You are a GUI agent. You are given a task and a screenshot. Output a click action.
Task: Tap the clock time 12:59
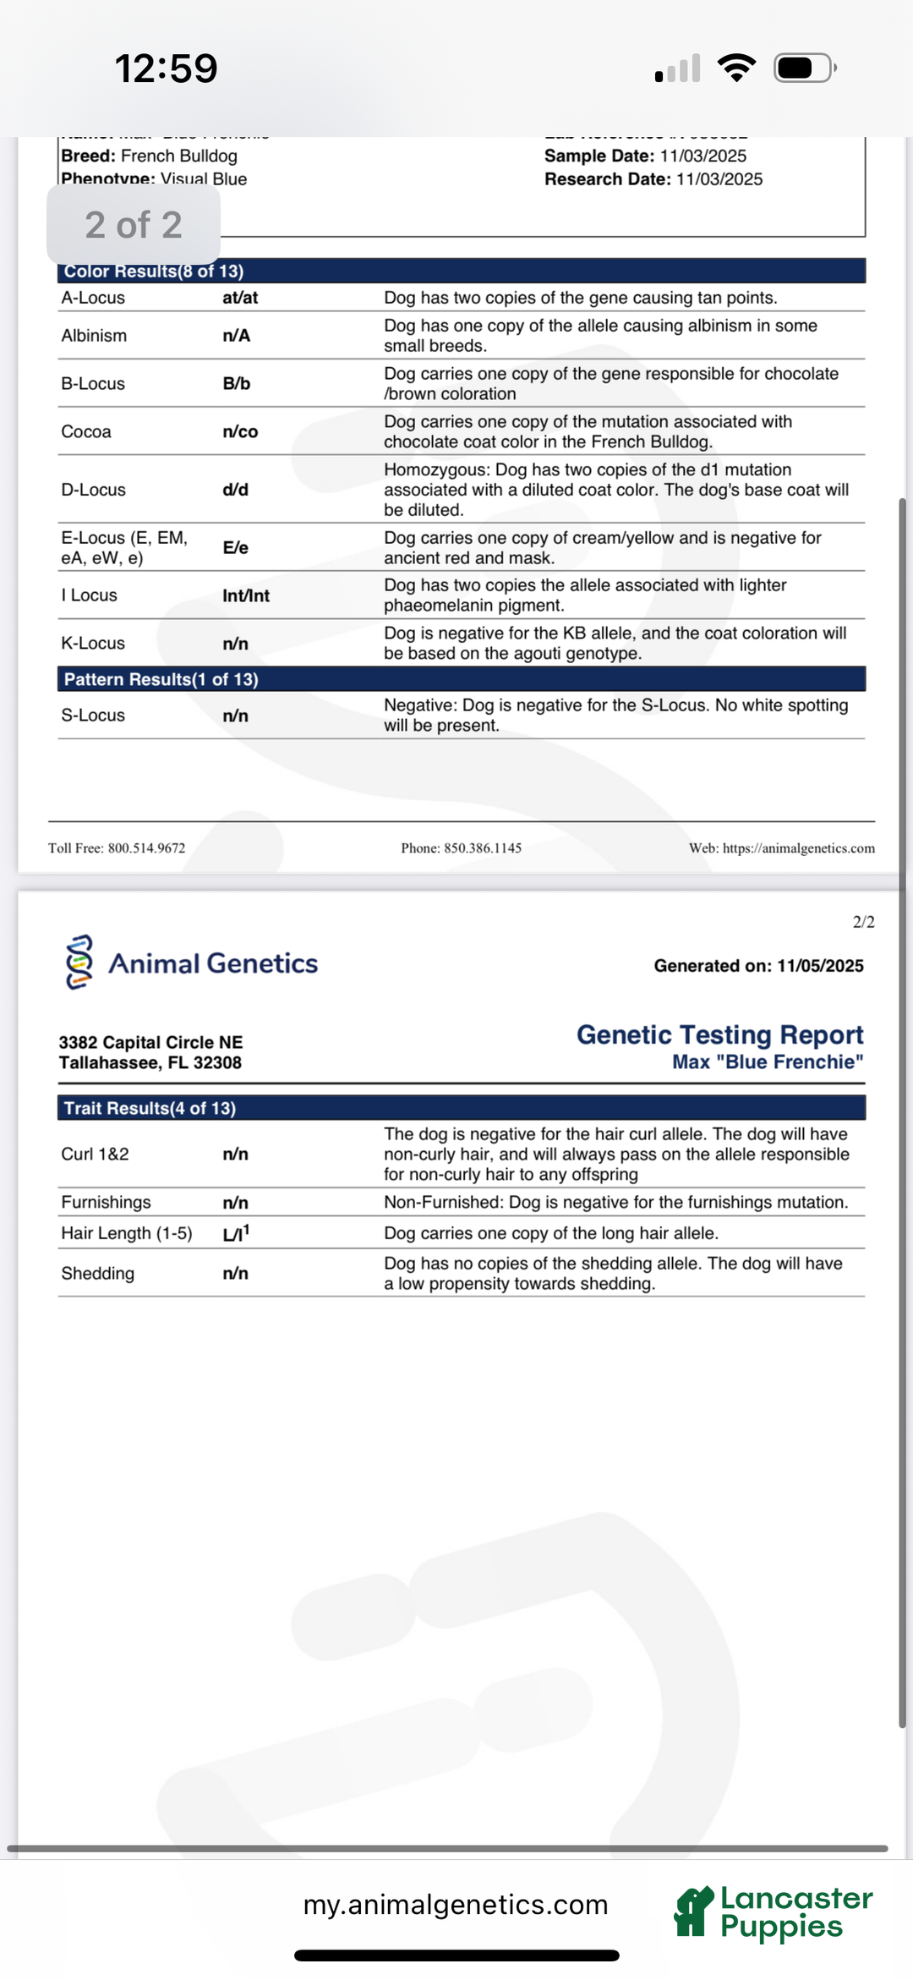coord(166,69)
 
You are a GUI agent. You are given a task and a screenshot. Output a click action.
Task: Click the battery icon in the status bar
coord(804,68)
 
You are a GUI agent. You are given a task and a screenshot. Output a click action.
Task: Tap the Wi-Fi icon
coord(736,68)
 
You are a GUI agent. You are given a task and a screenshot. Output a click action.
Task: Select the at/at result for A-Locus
coord(240,298)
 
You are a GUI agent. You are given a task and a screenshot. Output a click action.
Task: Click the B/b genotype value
coord(237,384)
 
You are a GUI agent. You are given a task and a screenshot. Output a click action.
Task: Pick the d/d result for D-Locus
coord(236,490)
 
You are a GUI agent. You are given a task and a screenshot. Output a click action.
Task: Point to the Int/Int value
coord(246,595)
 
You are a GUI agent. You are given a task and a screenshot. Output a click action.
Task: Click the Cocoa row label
coord(86,431)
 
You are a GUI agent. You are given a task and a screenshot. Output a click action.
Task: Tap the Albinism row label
coord(94,336)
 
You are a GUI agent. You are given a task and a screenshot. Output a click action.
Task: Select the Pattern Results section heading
coord(161,679)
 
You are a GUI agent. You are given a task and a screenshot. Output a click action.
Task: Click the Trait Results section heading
coord(150,1108)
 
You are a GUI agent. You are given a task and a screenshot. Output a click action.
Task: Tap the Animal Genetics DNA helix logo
coord(79,963)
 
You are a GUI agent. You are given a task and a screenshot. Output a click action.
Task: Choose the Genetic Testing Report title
coord(719,1034)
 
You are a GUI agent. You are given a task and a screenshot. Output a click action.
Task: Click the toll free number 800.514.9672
coord(146,848)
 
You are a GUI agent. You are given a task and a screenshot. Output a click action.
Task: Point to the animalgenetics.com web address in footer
coord(798,848)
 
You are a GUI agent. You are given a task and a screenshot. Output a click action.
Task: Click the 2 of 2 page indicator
coord(134,225)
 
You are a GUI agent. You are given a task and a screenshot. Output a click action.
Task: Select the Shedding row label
coord(98,1274)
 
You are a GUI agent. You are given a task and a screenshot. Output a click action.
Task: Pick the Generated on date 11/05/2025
coord(819,966)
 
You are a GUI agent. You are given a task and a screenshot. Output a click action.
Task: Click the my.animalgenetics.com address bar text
coord(456,1905)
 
